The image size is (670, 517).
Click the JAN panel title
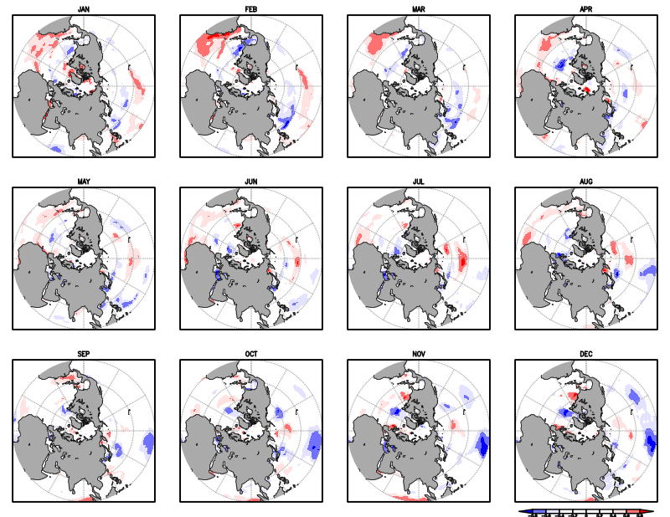[x=84, y=8]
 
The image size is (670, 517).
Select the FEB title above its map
[x=251, y=8]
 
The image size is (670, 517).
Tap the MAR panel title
[x=419, y=8]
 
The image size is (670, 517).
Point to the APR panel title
[x=586, y=8]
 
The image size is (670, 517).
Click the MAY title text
[x=84, y=181]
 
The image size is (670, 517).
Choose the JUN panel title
[x=251, y=181]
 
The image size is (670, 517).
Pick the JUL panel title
[x=419, y=181]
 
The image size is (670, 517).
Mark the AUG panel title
[x=586, y=181]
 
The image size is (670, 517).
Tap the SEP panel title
[x=84, y=354]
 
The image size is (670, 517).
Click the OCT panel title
[x=251, y=354]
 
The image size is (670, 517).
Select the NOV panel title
[x=419, y=354]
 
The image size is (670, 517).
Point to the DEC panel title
[x=586, y=354]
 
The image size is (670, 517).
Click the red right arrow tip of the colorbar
[x=650, y=510]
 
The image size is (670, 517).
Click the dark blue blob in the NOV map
[x=482, y=446]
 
